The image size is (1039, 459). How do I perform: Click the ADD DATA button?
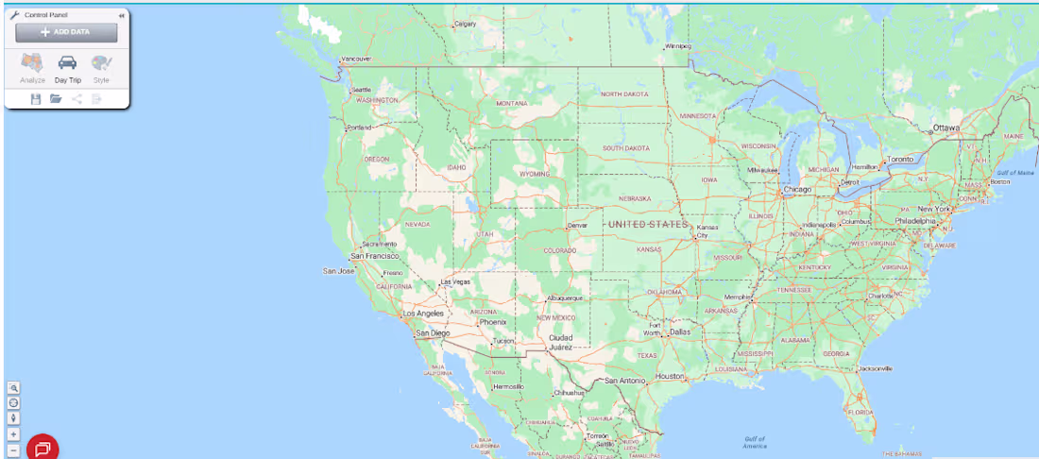[66, 32]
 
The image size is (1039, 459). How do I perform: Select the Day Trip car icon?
[67, 64]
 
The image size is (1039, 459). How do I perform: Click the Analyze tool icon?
[33, 64]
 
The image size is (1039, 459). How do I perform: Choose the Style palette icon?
[101, 64]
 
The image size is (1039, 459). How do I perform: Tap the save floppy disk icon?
[36, 98]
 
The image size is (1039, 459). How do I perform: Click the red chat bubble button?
[43, 448]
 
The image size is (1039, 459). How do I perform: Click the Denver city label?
[578, 226]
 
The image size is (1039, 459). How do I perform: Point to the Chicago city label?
[797, 190]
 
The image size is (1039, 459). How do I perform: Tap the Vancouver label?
[356, 59]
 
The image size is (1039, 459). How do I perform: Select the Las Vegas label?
[455, 281]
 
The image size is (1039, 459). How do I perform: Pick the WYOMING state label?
[535, 174]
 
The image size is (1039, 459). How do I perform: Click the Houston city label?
[670, 376]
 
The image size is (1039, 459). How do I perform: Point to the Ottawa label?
[945, 127]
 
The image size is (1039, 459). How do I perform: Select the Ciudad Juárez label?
[561, 342]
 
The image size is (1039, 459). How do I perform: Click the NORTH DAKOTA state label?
[624, 94]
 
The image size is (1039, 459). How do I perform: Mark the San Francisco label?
[376, 256]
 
